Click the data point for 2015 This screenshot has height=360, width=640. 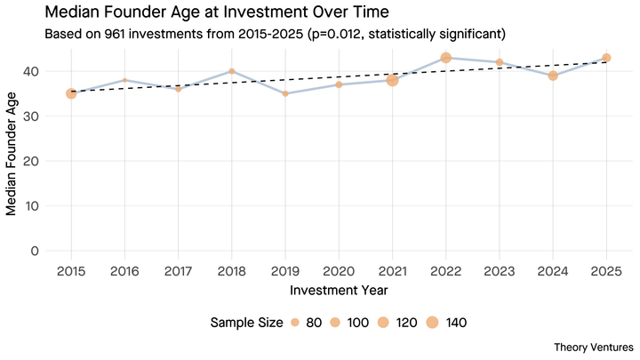coord(71,92)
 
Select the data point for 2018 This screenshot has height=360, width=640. coord(231,71)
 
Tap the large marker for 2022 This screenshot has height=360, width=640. coord(446,58)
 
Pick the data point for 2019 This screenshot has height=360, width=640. coord(285,93)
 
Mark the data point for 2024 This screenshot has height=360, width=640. coord(553,76)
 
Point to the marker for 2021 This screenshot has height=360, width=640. coord(392,80)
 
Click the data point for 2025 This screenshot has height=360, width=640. coord(606,58)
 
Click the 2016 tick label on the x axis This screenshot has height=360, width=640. coord(124,269)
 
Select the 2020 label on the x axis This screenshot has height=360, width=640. coord(339,269)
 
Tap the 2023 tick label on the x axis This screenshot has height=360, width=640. coord(500,269)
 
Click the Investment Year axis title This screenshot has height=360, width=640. coord(339,290)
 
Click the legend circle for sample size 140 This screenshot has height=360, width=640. coord(433,322)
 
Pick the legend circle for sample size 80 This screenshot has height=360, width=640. coord(294,322)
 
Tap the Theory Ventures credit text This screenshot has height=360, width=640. coord(593,346)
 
